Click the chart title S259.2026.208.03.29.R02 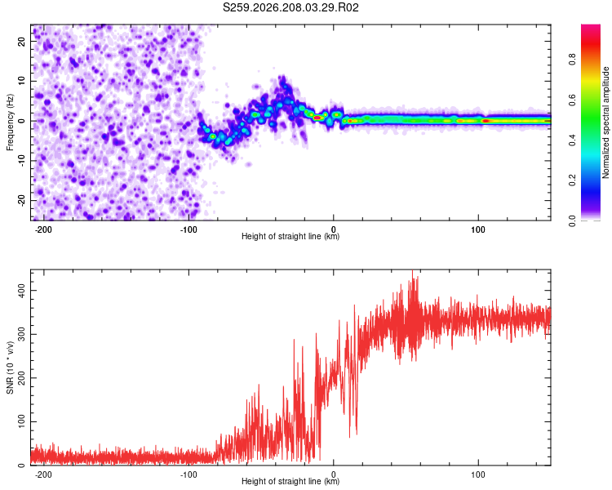290,7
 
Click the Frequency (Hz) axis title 10,122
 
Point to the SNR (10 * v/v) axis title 10,367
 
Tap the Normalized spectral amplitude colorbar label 605,122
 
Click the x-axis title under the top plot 290,236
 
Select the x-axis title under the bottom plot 290,481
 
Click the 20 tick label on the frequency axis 21,41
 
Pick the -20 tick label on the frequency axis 21,200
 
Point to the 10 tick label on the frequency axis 21,81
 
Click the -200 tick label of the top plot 43,229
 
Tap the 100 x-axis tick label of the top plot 478,229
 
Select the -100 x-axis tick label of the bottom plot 188,474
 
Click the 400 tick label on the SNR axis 21,291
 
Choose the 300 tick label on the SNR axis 21,334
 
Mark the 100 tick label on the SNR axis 21,421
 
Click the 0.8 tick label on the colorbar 572,60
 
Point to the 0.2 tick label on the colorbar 572,180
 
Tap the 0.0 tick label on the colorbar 572,220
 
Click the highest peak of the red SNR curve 413,270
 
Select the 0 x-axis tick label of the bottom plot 333,474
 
